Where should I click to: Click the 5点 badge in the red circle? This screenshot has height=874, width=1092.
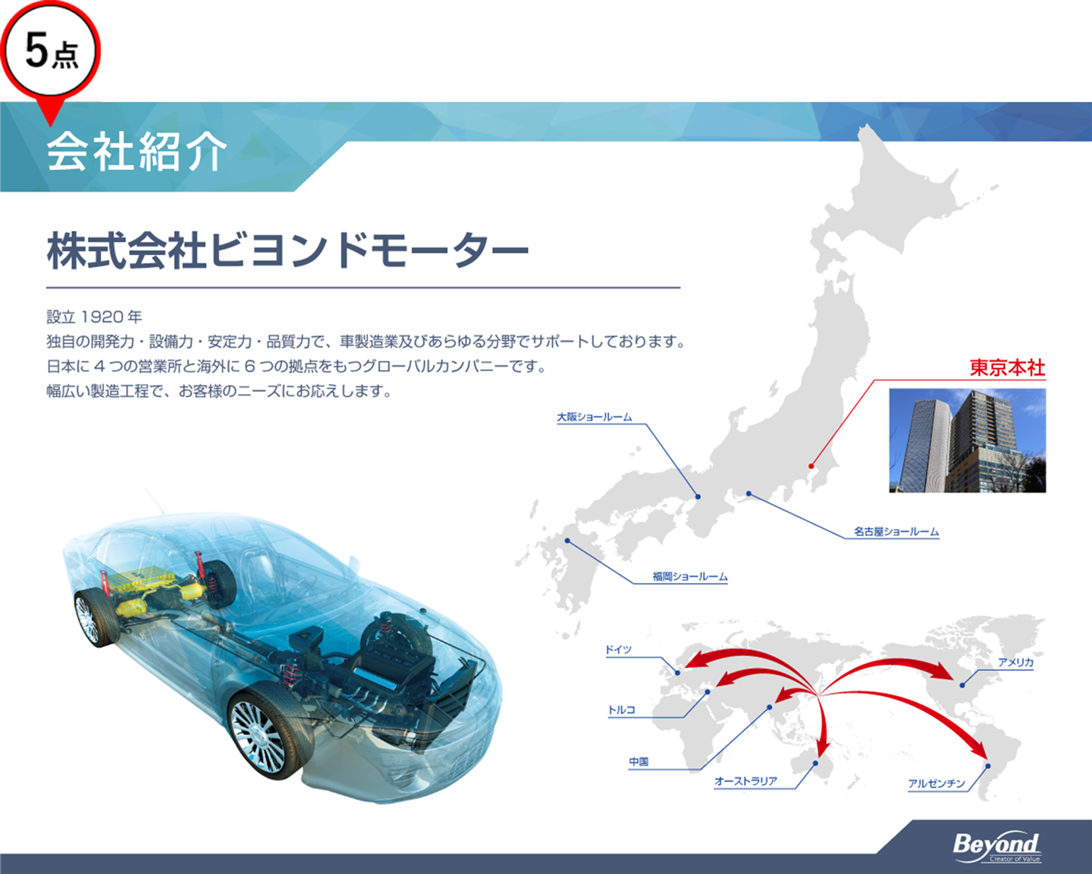(50, 51)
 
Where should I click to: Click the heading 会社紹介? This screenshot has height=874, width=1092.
(136, 151)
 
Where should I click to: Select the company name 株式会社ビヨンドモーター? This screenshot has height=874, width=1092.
(288, 250)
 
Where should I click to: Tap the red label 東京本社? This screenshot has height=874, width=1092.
(1008, 368)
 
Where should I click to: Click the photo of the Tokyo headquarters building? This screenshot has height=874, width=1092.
(967, 440)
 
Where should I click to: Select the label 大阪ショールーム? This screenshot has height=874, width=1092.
(594, 417)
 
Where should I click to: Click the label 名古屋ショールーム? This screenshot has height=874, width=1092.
(896, 531)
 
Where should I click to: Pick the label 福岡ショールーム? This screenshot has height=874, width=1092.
(690, 577)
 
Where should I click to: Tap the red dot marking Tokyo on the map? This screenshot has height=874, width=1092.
(811, 466)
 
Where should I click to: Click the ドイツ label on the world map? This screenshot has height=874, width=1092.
(618, 649)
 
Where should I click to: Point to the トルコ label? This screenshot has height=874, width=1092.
(622, 709)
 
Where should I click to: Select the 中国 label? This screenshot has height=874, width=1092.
(638, 762)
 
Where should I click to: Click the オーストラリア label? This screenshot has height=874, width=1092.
(746, 781)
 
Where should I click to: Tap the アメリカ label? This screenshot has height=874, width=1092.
(1016, 663)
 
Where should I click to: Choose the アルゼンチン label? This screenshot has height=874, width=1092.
(936, 783)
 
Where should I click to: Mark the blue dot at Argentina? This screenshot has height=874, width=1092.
(988, 766)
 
